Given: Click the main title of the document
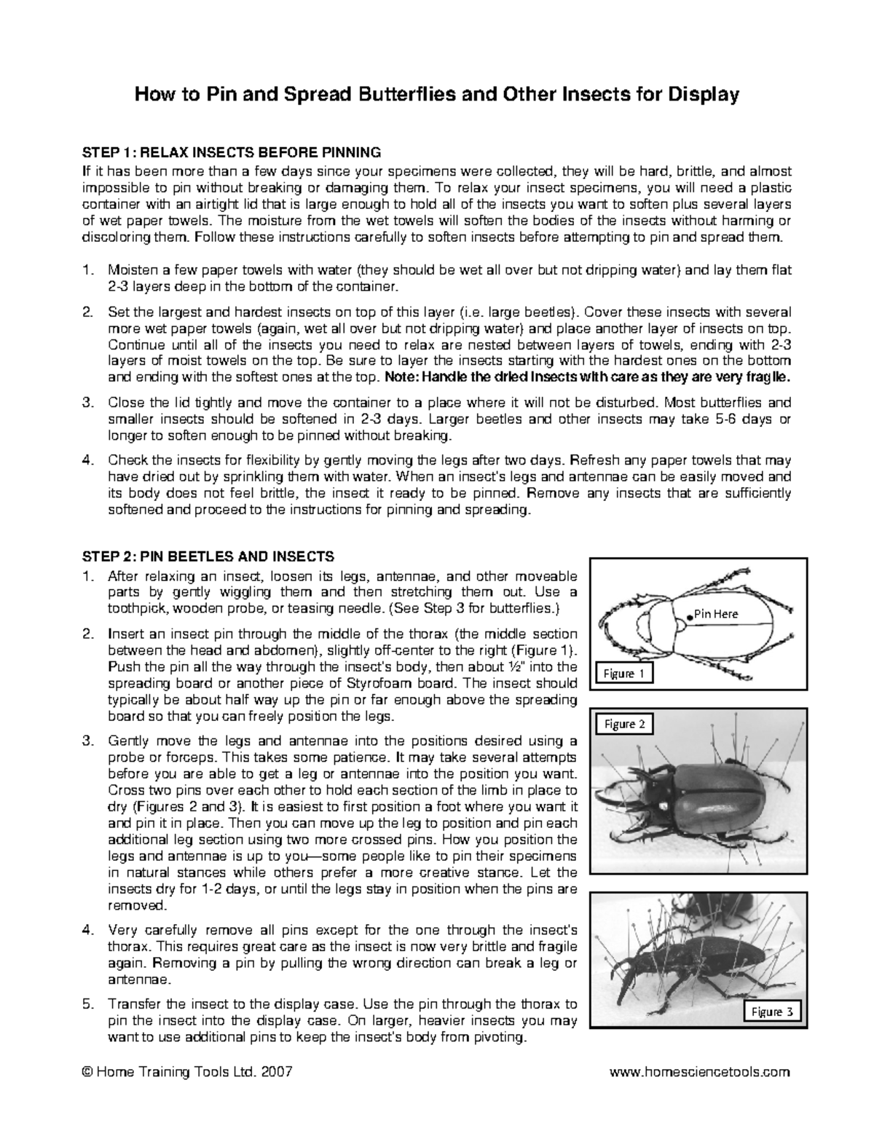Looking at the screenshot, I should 436,95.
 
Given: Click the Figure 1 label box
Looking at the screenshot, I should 624,674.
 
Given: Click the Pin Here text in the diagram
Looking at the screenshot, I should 715,614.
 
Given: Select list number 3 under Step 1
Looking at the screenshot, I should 88,403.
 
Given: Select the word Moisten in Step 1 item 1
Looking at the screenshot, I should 130,270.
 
